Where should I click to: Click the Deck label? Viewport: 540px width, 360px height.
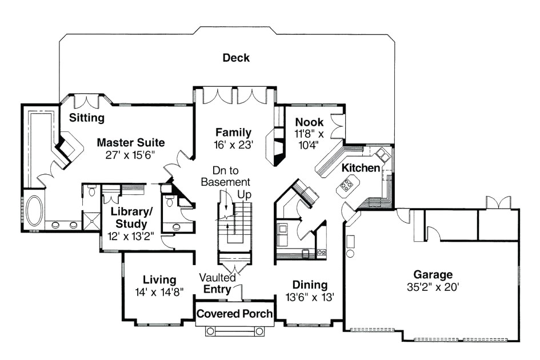236,58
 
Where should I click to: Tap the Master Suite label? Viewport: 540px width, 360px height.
130,142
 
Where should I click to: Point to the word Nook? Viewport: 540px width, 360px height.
309,122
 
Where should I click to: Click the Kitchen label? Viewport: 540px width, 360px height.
361,168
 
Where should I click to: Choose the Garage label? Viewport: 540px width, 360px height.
434,274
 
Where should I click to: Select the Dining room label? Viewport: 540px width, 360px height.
310,285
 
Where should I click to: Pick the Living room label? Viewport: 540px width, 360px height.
159,279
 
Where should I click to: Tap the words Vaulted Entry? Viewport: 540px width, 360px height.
217,283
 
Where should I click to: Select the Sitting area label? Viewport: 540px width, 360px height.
87,118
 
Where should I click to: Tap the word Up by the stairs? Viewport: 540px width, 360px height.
244,195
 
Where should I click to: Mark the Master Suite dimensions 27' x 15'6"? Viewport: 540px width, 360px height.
130,155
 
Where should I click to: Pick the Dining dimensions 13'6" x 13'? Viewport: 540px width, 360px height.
310,297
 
